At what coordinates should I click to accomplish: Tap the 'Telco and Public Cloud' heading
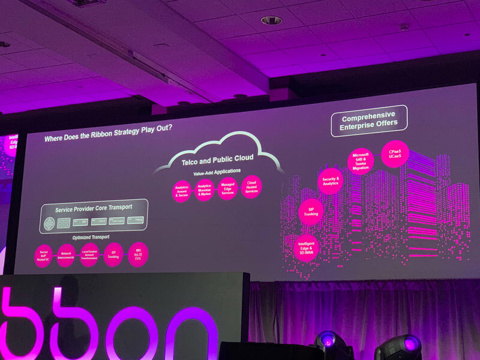click(x=218, y=158)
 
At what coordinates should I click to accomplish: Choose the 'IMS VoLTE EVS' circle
click(x=138, y=253)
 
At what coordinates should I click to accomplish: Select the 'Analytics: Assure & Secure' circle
click(x=182, y=191)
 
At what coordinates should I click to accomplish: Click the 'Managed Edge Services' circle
click(x=227, y=188)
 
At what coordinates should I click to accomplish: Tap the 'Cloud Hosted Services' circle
click(x=251, y=187)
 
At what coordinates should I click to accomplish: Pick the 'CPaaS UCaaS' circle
click(x=394, y=154)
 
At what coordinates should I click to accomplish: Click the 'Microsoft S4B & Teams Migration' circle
click(x=361, y=161)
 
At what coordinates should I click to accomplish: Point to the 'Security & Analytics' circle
click(x=330, y=181)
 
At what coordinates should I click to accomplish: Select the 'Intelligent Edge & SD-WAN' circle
click(x=307, y=247)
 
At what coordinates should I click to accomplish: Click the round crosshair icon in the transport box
click(x=49, y=224)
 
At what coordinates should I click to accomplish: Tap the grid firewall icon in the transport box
click(x=64, y=223)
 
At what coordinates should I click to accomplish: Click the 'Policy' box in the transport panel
click(x=136, y=220)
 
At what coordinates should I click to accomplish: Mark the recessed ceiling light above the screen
click(x=271, y=20)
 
